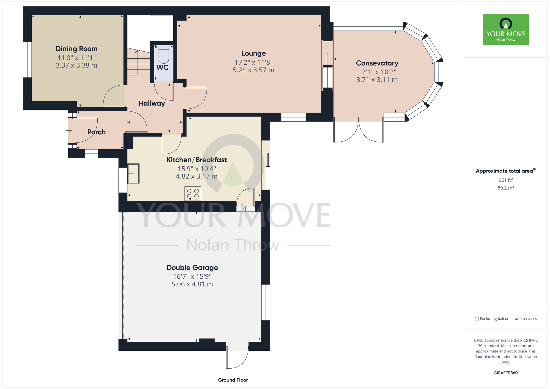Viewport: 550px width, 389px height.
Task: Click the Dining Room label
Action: click(x=76, y=49)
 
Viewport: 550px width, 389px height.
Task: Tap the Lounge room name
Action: click(x=254, y=53)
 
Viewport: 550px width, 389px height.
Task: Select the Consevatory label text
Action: click(x=377, y=63)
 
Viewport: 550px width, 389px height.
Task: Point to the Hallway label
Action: click(x=152, y=103)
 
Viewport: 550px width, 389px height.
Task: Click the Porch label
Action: click(x=97, y=132)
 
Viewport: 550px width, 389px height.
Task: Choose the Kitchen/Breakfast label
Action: click(x=197, y=160)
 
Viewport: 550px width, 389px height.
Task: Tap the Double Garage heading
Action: click(x=192, y=268)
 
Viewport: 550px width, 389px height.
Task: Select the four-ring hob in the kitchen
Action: click(x=193, y=193)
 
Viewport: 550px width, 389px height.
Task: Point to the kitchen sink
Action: click(x=133, y=174)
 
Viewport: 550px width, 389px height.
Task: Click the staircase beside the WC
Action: click(x=139, y=62)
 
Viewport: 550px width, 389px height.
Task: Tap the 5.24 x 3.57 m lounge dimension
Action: click(x=254, y=70)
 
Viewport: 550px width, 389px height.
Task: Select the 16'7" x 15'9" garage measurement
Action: click(x=192, y=276)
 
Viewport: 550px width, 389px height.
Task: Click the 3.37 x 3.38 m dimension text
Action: click(x=76, y=65)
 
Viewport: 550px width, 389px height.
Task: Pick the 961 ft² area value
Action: click(x=506, y=180)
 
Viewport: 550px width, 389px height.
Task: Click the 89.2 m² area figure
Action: click(x=506, y=188)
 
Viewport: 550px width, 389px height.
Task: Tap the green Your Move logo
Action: click(x=506, y=30)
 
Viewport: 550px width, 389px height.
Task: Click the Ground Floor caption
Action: click(x=233, y=380)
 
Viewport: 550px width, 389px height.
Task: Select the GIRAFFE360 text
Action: click(x=506, y=373)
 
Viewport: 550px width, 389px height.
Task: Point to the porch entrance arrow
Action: click(x=69, y=130)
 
